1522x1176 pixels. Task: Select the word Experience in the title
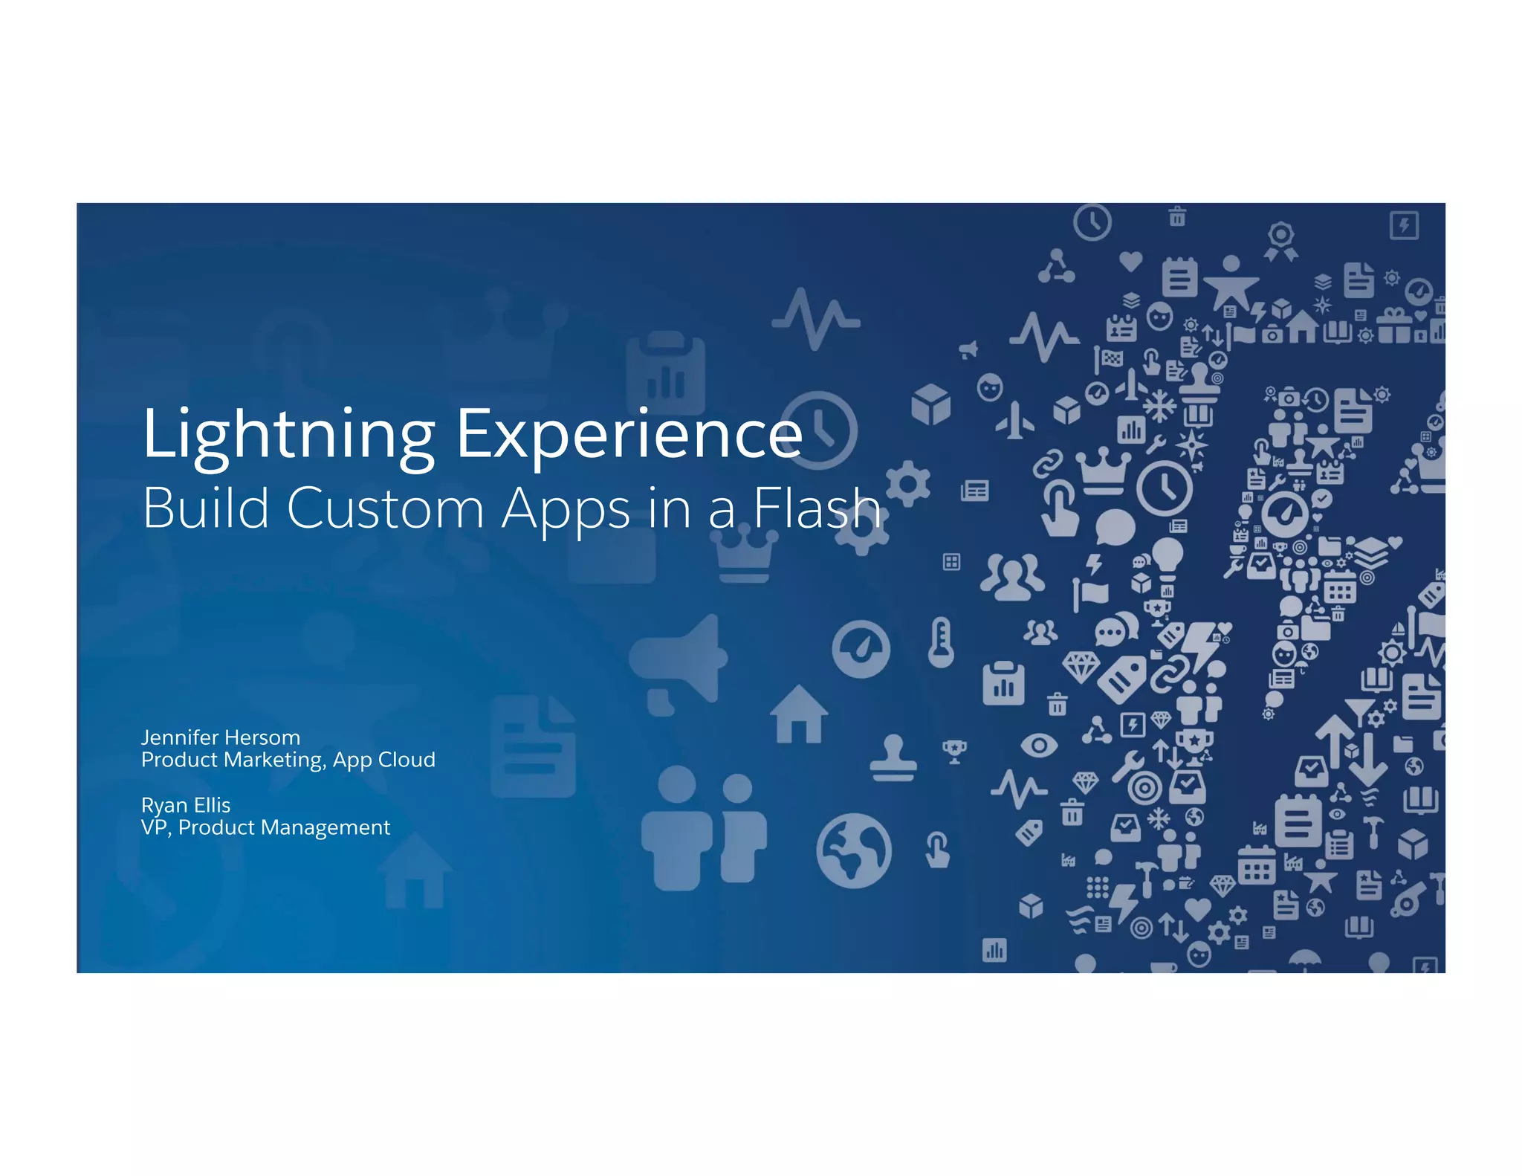coord(629,435)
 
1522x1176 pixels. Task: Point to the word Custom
coord(385,508)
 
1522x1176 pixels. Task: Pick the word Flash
coord(817,508)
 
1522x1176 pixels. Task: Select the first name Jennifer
coord(179,737)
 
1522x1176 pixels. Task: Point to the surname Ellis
coord(212,805)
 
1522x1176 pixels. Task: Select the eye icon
coord(1039,744)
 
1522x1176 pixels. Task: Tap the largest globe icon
coord(854,850)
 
